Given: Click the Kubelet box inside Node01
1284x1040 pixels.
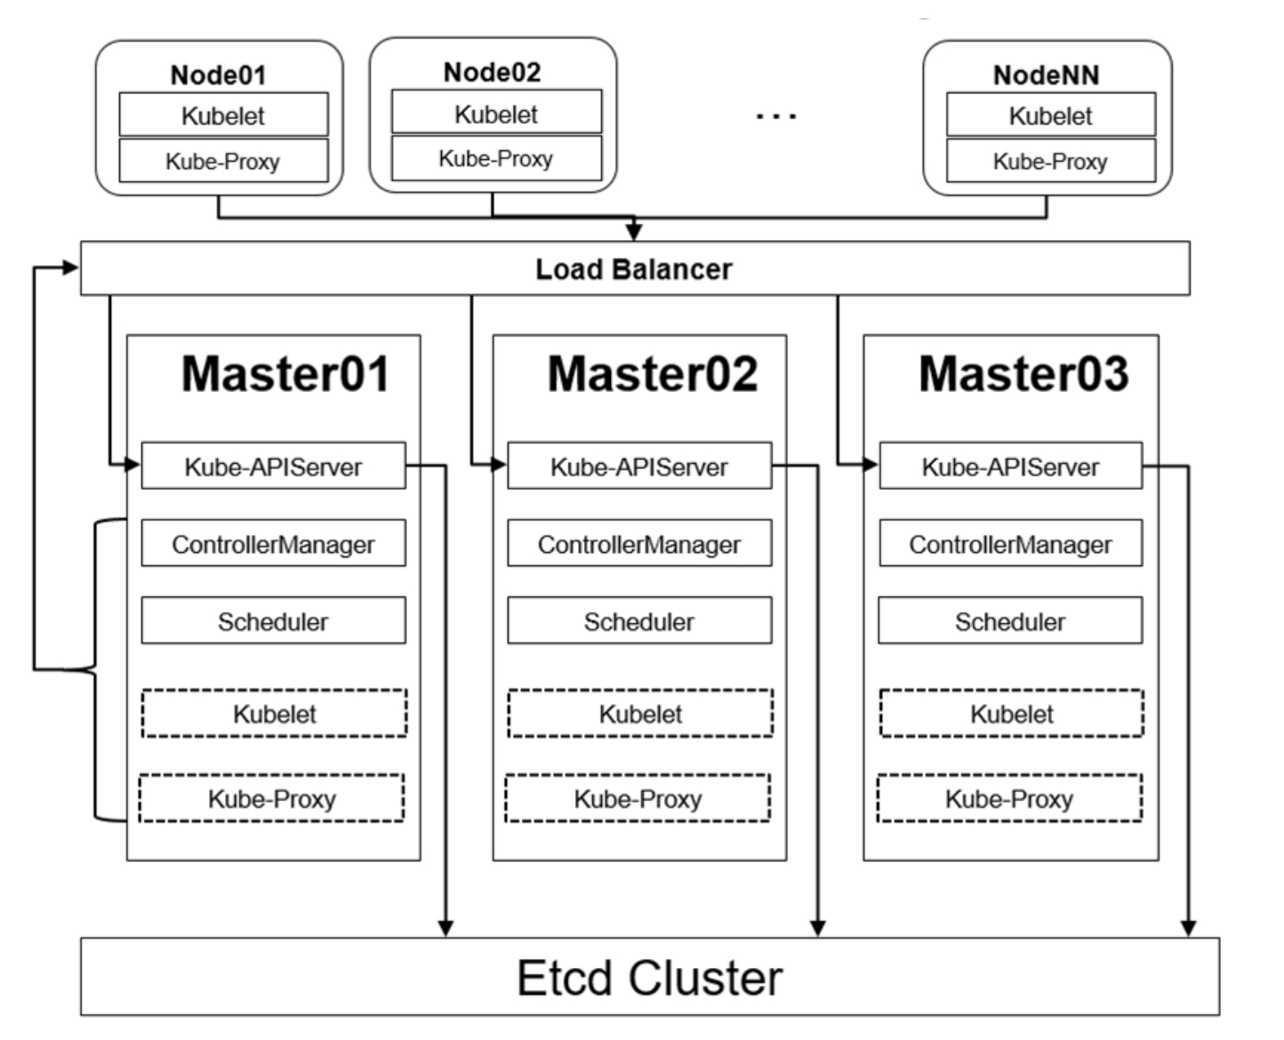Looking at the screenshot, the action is [224, 114].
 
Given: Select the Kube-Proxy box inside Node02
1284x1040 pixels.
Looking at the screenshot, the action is [497, 158].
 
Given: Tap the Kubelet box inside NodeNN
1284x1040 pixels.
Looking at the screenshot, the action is [1051, 114].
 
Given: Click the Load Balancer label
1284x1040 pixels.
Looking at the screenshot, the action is [634, 268].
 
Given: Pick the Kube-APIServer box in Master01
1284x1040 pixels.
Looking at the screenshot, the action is [274, 466].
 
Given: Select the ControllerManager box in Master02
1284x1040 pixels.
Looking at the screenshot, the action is [639, 543].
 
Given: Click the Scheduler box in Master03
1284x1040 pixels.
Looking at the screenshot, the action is [1010, 620].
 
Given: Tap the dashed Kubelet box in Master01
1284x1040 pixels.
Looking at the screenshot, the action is [275, 714].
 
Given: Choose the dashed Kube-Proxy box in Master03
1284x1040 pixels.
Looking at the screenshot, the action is [1010, 797].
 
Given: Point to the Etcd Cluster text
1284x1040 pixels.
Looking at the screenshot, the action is [650, 978].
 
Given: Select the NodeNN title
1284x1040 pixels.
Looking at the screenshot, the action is [1047, 75].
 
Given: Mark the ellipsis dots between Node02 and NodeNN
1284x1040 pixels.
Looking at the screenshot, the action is [776, 116].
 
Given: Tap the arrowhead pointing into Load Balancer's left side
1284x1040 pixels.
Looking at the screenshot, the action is [70, 268].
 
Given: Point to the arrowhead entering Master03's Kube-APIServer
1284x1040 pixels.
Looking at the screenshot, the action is [870, 465].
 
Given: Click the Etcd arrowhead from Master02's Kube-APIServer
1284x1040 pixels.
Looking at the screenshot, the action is [817, 928].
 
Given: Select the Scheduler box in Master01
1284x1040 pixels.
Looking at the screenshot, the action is [274, 620].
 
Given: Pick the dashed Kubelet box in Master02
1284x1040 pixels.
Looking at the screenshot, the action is [641, 714].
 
